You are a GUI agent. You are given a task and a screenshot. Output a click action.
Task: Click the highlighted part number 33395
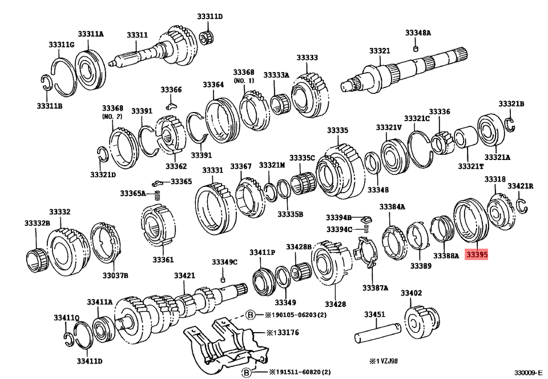click(x=476, y=256)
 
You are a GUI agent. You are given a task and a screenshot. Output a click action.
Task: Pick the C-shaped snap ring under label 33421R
click(x=521, y=205)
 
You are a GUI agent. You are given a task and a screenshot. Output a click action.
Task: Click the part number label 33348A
click(x=418, y=33)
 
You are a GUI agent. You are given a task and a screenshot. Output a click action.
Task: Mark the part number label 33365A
click(x=132, y=193)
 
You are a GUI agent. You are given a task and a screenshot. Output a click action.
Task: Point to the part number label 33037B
click(x=115, y=275)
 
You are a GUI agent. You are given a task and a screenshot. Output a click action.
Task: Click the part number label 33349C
click(x=224, y=262)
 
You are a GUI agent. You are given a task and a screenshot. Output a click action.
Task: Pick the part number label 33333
click(x=307, y=58)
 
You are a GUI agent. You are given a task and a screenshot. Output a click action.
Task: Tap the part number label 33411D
click(x=90, y=361)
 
